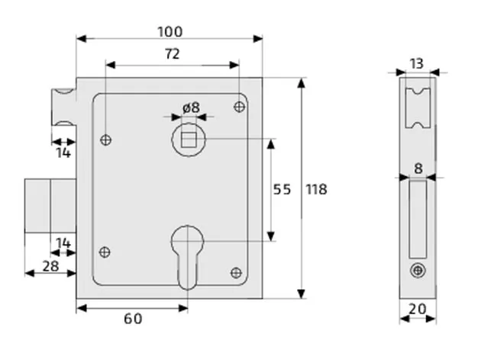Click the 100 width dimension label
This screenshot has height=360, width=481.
(169, 31)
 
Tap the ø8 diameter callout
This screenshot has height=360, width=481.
(191, 108)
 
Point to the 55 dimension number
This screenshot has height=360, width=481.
(282, 189)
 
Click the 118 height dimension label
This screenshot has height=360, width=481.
(315, 189)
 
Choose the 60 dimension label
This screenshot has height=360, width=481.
(132, 318)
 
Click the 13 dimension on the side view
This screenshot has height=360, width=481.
(416, 63)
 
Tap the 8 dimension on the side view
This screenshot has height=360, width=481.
(418, 168)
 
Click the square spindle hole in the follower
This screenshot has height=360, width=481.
(188, 139)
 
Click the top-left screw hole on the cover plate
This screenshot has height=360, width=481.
(106, 140)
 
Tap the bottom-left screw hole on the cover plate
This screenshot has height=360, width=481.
(106, 252)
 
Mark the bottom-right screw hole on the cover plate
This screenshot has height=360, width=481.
(236, 272)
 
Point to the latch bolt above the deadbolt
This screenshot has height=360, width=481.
(63, 107)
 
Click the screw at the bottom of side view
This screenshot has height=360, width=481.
(417, 269)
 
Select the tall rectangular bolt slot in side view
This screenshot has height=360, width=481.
(418, 218)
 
